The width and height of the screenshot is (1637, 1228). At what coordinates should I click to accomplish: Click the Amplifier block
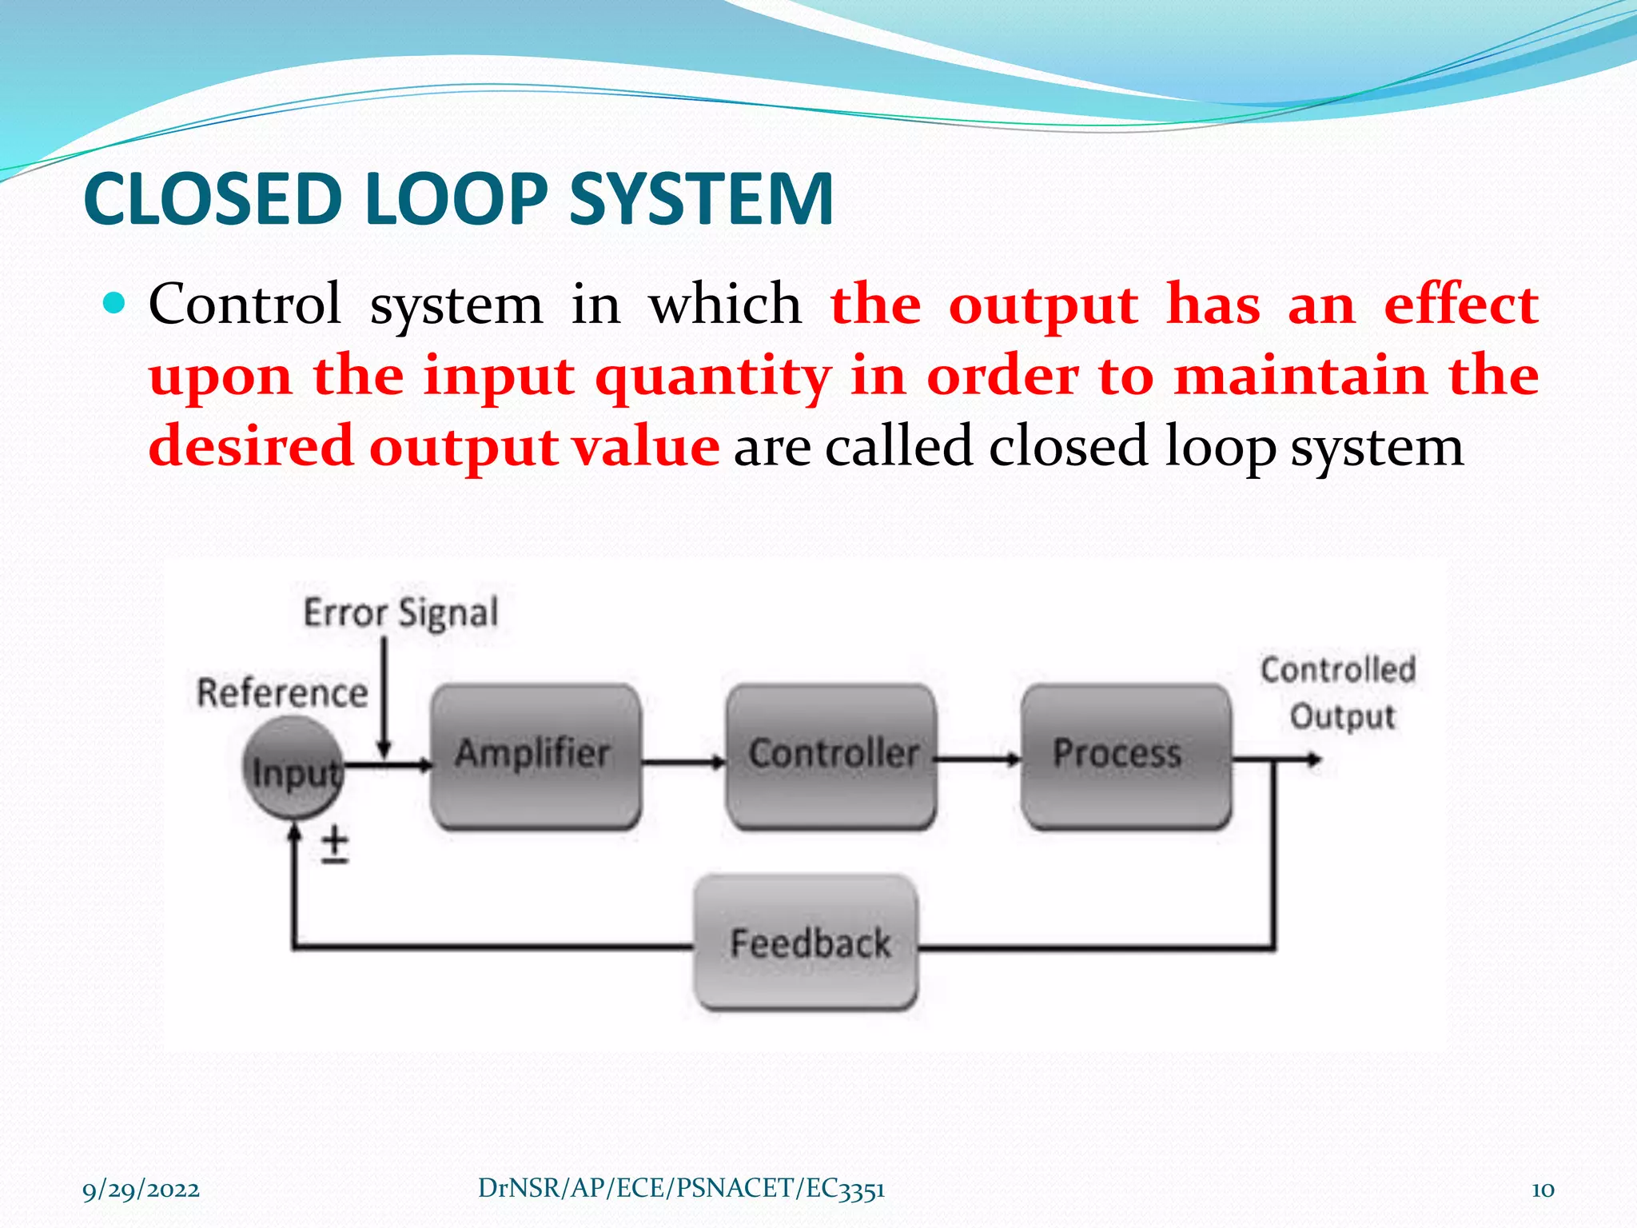point(535,756)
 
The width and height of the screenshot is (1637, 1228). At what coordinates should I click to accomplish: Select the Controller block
point(831,756)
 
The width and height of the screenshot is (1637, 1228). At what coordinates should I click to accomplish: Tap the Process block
point(1125,756)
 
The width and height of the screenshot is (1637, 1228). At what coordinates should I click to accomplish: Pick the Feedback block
point(806,943)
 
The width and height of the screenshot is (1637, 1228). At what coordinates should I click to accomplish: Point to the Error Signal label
point(400,613)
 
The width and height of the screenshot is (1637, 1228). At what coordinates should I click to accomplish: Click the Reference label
point(282,692)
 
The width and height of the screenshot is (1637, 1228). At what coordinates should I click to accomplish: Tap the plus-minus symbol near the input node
point(335,846)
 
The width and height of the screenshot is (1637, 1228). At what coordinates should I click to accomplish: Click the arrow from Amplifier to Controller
point(683,762)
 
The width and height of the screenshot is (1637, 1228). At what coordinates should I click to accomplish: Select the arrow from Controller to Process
point(977,758)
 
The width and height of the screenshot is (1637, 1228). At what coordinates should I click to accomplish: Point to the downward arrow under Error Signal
point(384,696)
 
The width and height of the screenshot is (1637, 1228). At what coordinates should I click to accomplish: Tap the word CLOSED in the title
point(213,199)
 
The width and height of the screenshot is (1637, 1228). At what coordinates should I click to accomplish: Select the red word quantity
point(713,377)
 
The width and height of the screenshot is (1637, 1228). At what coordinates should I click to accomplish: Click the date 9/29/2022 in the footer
point(141,1190)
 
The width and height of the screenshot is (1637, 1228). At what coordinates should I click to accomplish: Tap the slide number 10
point(1542,1190)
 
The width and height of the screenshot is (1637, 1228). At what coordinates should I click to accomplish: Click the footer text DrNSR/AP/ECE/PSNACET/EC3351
point(681,1189)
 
